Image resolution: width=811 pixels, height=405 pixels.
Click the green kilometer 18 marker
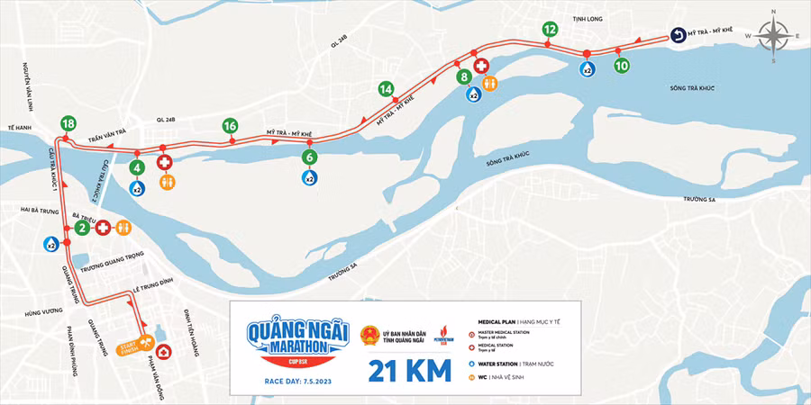coord(68,123)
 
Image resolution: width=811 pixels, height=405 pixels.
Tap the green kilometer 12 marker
coord(550,30)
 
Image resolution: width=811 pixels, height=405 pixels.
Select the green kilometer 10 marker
coord(621,65)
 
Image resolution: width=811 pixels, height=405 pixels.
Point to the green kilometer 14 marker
coord(387,89)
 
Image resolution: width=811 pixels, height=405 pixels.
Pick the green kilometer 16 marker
coord(231,126)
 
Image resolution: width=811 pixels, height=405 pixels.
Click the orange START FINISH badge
coord(130,348)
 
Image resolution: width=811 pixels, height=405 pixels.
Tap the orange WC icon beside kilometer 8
coord(489,82)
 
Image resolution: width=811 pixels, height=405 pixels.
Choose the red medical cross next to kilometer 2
coord(103,228)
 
